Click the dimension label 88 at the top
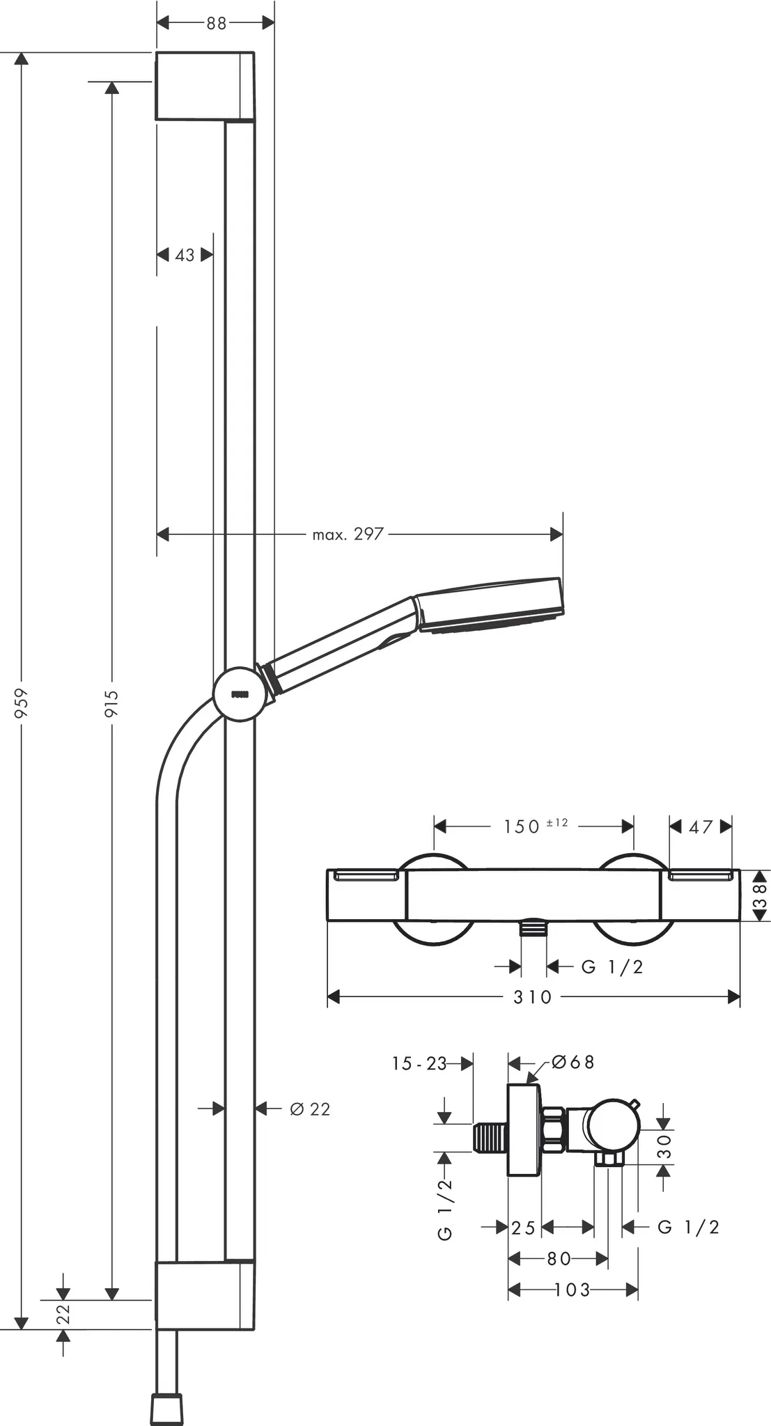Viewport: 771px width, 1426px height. [x=216, y=23]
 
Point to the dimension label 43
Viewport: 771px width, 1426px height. [x=185, y=255]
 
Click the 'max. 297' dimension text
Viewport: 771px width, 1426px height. [x=348, y=534]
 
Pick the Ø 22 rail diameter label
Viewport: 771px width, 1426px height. [x=310, y=1109]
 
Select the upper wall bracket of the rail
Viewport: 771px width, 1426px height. [x=204, y=86]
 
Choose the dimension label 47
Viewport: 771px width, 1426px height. [x=701, y=826]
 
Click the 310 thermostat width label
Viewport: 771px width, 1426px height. [x=533, y=997]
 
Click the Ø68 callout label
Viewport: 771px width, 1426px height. [x=573, y=1062]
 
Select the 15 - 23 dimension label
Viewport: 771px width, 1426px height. [x=419, y=1063]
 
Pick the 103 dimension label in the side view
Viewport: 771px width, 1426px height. [x=573, y=1290]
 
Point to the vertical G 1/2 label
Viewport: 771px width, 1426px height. [x=445, y=1209]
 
